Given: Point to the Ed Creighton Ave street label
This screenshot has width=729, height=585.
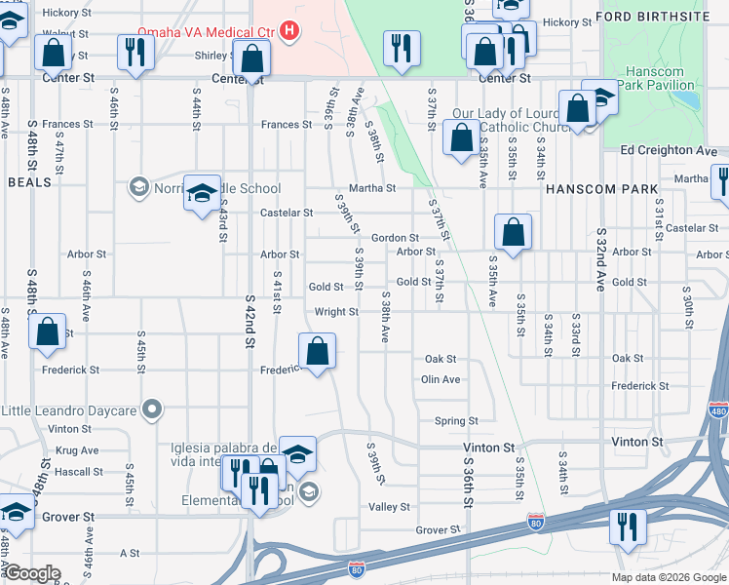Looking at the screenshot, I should [x=668, y=150].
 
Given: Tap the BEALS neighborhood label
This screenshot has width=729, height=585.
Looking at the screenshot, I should [x=29, y=182].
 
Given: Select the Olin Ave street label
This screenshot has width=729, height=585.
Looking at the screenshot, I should [x=441, y=379].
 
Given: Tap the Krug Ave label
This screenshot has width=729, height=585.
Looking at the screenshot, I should [x=77, y=450].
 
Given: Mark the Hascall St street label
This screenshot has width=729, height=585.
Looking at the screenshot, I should [x=81, y=472].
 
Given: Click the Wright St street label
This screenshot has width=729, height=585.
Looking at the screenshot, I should [x=336, y=312].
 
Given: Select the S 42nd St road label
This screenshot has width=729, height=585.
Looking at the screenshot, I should [x=249, y=322].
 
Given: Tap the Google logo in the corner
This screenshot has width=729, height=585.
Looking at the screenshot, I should [x=32, y=573].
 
